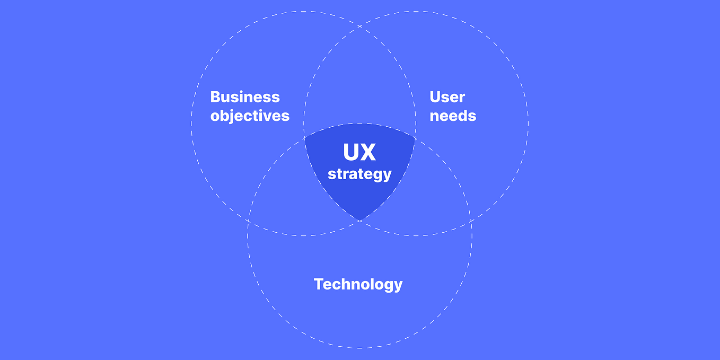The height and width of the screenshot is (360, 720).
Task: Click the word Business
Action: click(x=245, y=97)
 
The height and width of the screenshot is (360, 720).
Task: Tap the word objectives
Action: click(x=250, y=116)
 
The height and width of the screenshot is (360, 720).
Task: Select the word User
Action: click(x=447, y=97)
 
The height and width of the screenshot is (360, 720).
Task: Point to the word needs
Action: click(x=453, y=116)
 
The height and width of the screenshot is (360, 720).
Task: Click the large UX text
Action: click(x=359, y=153)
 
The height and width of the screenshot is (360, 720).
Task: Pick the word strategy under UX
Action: click(x=359, y=173)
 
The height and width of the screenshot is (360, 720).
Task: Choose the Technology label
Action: click(x=358, y=284)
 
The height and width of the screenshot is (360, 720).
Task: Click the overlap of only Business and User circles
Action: click(x=359, y=80)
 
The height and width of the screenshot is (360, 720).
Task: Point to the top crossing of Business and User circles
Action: click(x=359, y=25)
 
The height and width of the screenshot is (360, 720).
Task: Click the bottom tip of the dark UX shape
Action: click(x=359, y=221)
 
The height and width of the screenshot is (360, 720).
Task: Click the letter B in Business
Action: click(x=215, y=97)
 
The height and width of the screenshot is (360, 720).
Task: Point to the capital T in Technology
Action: click(x=318, y=284)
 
